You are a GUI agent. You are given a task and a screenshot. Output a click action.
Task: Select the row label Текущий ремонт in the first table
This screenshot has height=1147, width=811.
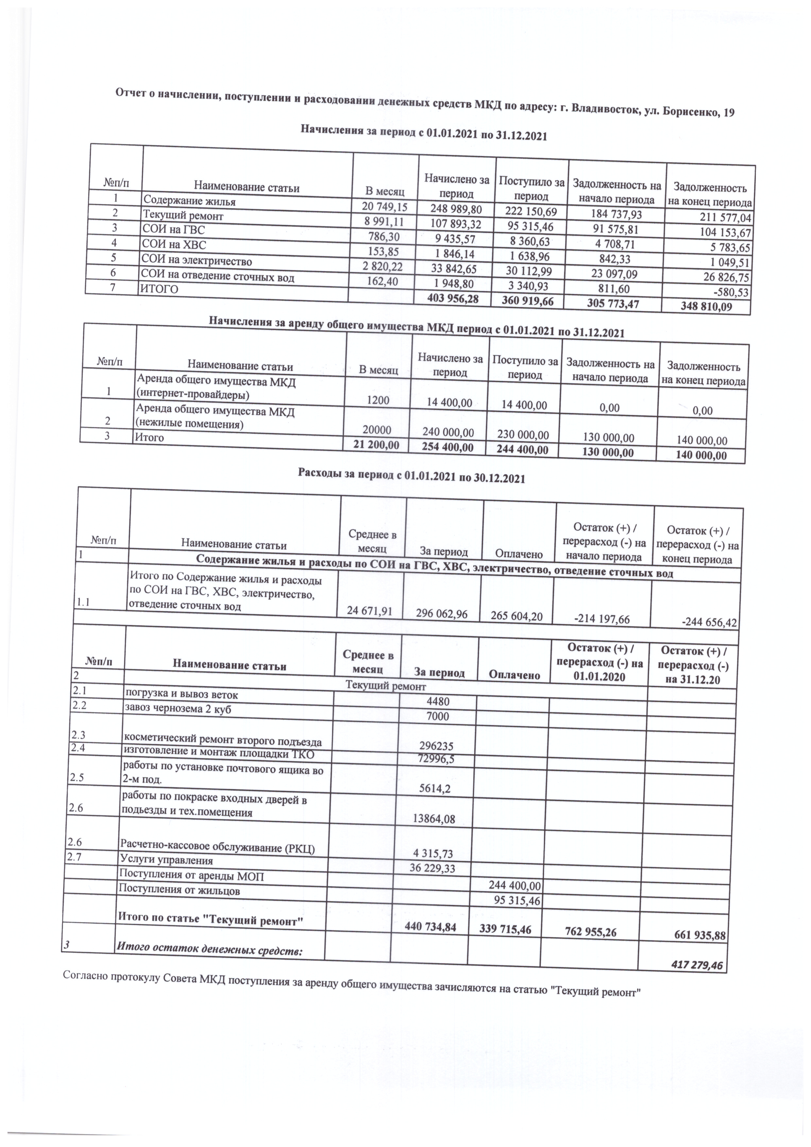pos(183,216)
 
